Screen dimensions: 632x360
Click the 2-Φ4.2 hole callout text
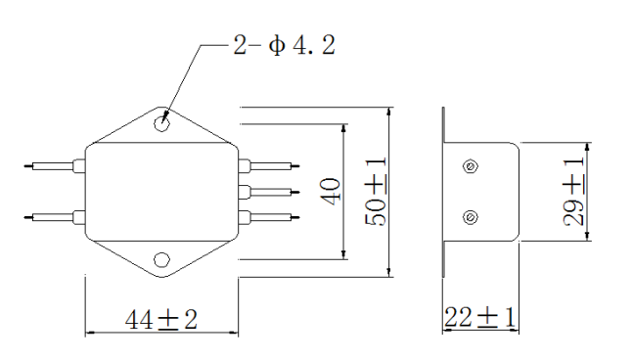coord(284,45)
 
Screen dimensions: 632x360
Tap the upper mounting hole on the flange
coord(161,124)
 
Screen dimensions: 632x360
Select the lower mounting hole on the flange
coord(161,260)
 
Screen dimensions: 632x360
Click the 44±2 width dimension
coord(161,320)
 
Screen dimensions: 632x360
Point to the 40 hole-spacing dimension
coord(331,192)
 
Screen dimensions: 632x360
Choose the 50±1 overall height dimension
coord(376,191)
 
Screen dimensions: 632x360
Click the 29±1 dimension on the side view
coord(573,191)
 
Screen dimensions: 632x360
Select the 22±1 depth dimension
coord(479,317)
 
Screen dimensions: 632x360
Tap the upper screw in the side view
coord(470,166)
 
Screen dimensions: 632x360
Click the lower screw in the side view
coord(470,217)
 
